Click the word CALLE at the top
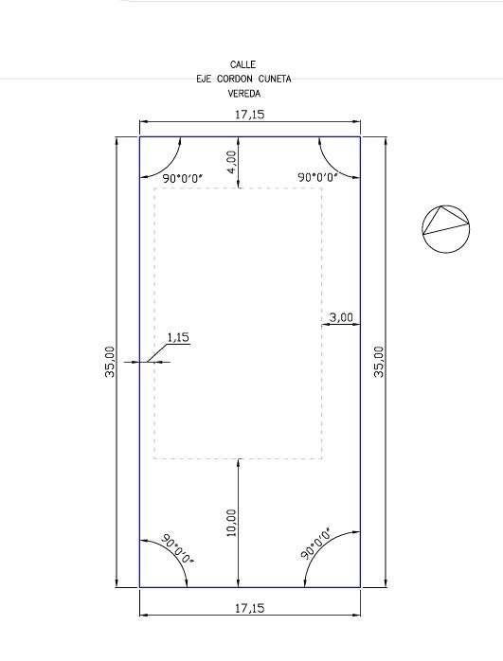pyautogui.click(x=243, y=64)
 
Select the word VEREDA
pyautogui.click(x=244, y=93)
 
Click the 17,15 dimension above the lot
pyautogui.click(x=249, y=115)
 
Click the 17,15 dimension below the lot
pyautogui.click(x=249, y=608)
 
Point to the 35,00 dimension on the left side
pyautogui.click(x=110, y=362)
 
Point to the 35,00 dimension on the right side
pyautogui.click(x=379, y=362)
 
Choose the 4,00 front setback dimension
pyautogui.click(x=231, y=162)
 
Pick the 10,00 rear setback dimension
pyautogui.click(x=231, y=523)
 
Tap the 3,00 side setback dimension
pyautogui.click(x=341, y=317)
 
